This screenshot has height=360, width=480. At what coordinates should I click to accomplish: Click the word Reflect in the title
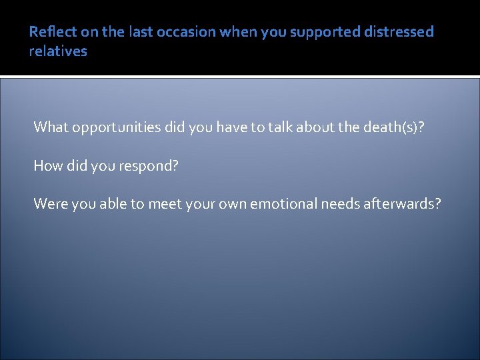(x=48, y=32)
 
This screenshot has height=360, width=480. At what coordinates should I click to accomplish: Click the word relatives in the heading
(x=58, y=51)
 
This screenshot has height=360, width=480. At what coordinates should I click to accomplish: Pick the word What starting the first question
(x=51, y=127)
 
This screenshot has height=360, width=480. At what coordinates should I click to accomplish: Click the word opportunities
(x=116, y=127)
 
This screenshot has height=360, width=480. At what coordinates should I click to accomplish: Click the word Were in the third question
(x=50, y=204)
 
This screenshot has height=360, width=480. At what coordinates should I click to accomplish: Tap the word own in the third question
(x=231, y=204)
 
